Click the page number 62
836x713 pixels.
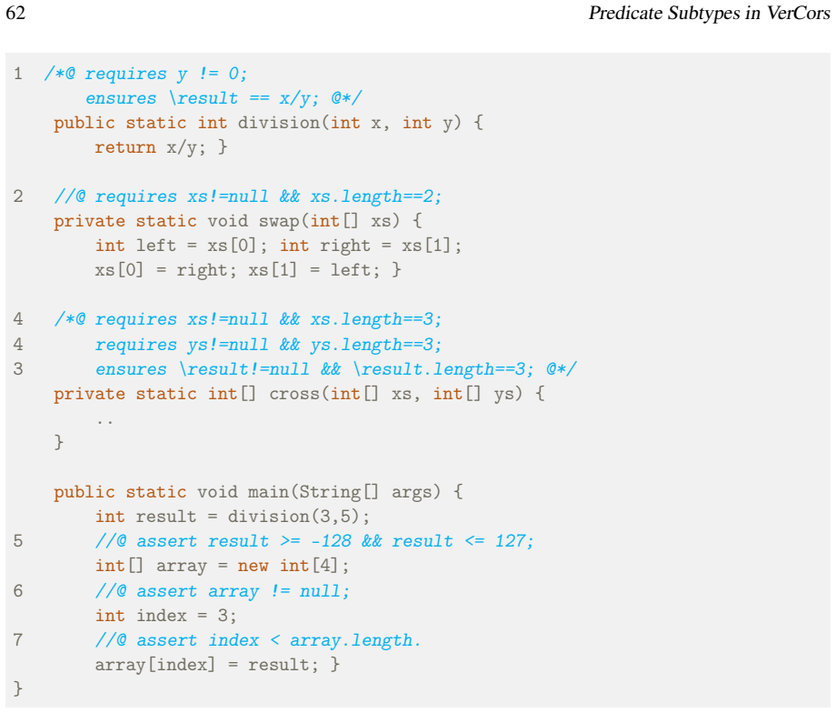point(15,12)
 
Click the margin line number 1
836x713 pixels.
point(18,74)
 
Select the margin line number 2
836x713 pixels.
point(18,196)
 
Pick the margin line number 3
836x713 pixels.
point(18,369)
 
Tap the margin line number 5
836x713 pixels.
point(18,541)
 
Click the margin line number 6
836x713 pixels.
point(18,591)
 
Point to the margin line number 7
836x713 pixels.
point(18,640)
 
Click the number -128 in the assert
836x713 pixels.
point(331,541)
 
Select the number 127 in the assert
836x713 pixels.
point(511,541)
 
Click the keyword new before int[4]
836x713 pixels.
point(254,567)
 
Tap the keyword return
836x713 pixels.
point(125,147)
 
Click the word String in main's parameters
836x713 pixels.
point(330,492)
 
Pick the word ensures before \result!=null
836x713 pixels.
point(131,369)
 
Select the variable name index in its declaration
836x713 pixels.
point(162,616)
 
